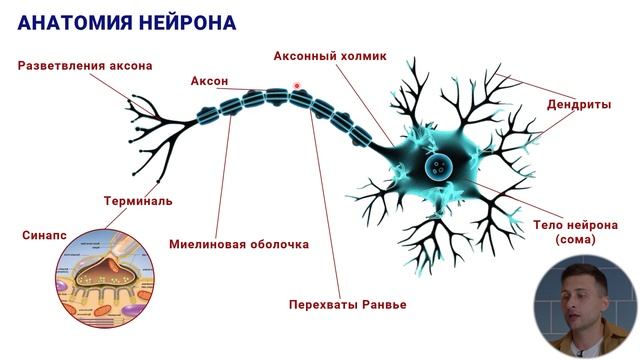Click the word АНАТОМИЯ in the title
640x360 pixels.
(x=69, y=22)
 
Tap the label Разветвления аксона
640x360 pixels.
(x=85, y=66)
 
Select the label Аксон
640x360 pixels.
(x=209, y=80)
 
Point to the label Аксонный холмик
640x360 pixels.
(x=329, y=57)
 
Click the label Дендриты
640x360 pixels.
(x=580, y=104)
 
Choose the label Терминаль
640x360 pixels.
(x=138, y=200)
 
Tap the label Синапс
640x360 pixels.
(x=44, y=235)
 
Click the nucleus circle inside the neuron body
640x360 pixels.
(x=438, y=167)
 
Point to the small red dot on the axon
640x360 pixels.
(x=297, y=87)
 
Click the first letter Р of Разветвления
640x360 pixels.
(x=22, y=66)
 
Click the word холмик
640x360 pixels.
(x=362, y=57)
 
